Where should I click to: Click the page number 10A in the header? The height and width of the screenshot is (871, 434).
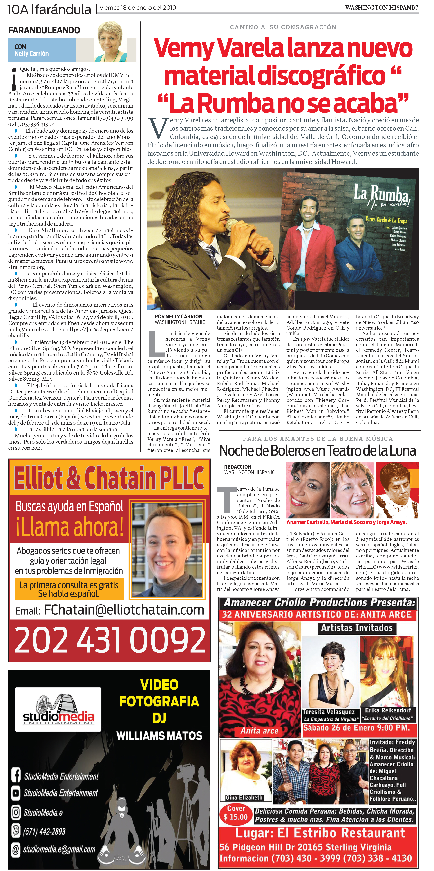(x=18, y=9)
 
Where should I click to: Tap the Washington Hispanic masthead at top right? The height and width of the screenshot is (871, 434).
(x=381, y=7)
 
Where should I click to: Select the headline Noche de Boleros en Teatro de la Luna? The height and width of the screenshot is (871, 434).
(x=318, y=451)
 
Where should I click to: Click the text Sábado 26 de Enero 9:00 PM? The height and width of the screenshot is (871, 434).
(x=356, y=728)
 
